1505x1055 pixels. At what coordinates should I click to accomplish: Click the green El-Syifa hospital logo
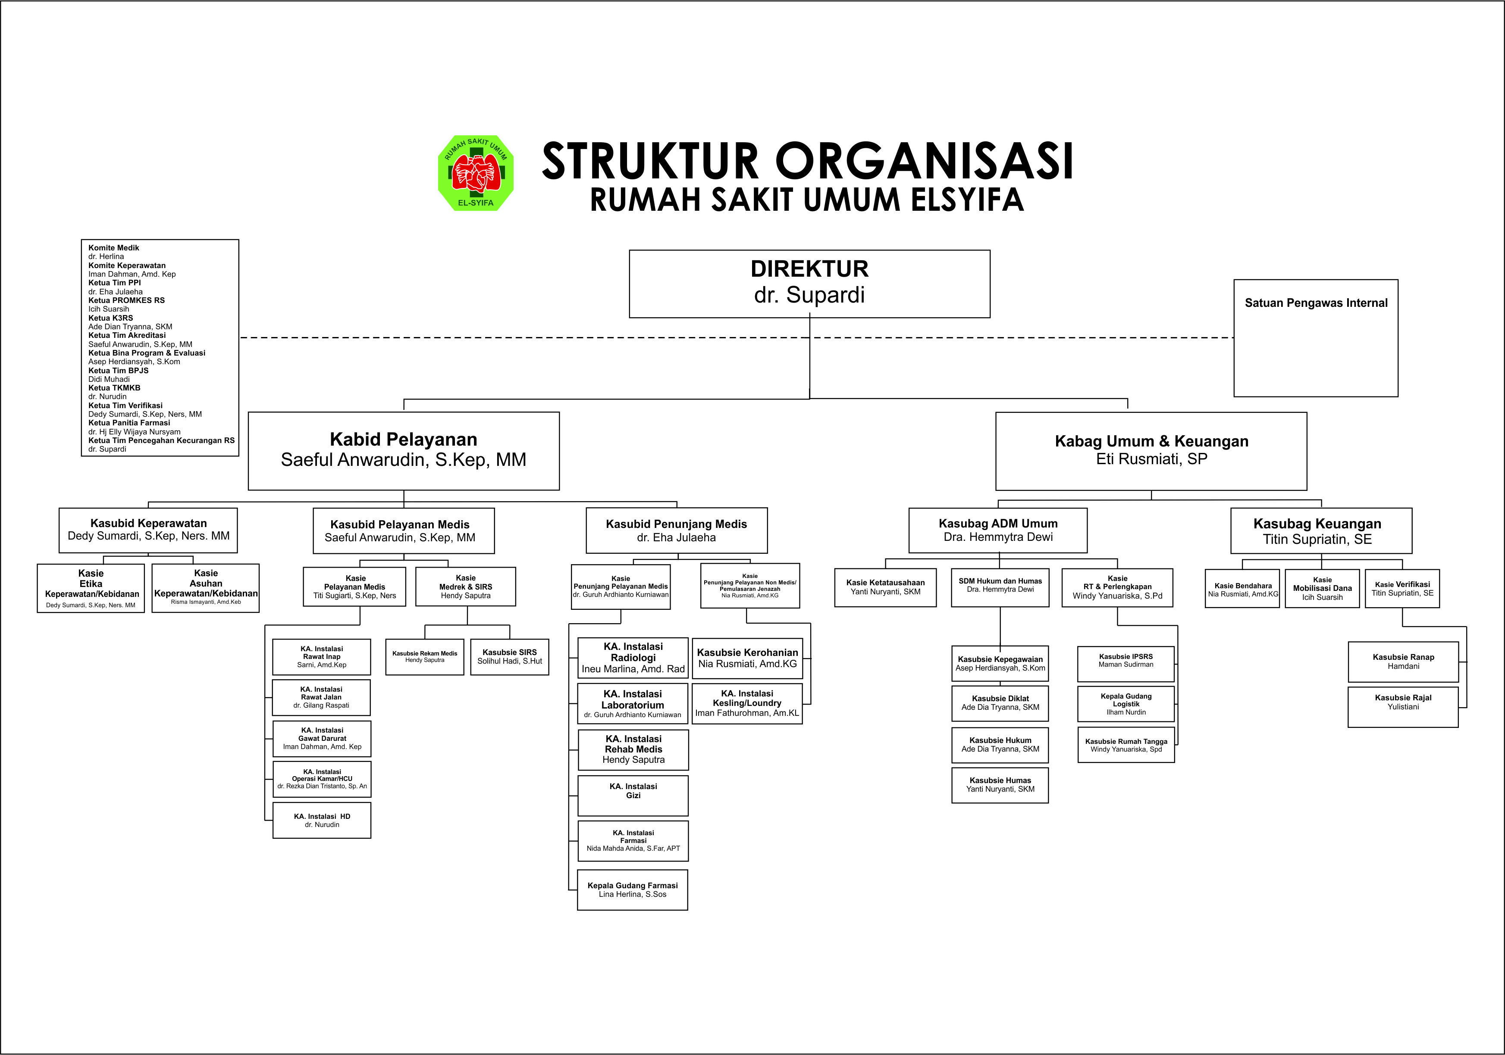[x=476, y=174]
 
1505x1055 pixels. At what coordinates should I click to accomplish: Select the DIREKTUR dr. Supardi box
[x=809, y=284]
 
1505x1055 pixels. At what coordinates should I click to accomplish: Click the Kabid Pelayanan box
[x=403, y=450]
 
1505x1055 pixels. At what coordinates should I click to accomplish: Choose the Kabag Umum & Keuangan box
[x=1151, y=450]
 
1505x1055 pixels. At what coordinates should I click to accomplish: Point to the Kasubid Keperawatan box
[x=148, y=530]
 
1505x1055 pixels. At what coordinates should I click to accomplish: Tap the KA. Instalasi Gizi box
[x=633, y=796]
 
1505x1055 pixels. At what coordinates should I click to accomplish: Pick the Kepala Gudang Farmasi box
[x=633, y=890]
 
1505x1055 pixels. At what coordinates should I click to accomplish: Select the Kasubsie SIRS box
[x=509, y=657]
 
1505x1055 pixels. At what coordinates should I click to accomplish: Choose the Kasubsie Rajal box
[x=1403, y=706]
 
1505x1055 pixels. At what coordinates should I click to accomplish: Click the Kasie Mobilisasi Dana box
[x=1322, y=588]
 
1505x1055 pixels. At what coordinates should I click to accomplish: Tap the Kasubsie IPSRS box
[x=1126, y=663]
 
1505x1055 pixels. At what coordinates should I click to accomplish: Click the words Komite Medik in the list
[x=113, y=248]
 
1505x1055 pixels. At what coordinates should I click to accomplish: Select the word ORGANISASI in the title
[x=924, y=161]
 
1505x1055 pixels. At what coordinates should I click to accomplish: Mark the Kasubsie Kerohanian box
[x=747, y=658]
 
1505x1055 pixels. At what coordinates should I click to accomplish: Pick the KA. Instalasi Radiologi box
[x=633, y=657]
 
